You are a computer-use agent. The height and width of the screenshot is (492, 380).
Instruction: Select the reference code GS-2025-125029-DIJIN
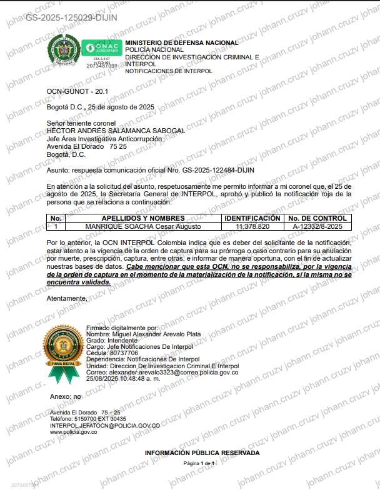(x=63, y=17)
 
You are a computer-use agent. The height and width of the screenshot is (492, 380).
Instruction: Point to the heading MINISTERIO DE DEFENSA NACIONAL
(x=181, y=43)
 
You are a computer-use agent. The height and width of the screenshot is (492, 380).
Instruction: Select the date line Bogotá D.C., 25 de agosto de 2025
(x=100, y=107)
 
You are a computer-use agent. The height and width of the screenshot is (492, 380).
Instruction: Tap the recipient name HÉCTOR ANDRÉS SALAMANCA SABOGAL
(x=116, y=131)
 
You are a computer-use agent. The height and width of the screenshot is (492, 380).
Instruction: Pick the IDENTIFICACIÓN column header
(x=253, y=218)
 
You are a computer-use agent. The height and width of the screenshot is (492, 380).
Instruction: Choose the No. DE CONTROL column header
(x=317, y=218)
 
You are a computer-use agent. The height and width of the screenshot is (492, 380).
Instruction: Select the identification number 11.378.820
(x=253, y=226)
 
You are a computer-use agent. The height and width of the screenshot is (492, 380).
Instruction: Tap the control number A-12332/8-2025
(x=317, y=226)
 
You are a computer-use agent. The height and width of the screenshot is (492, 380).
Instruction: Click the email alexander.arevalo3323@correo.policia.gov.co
(x=162, y=372)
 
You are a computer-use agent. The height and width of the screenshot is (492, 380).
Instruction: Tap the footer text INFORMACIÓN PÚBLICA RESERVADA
(x=202, y=452)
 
